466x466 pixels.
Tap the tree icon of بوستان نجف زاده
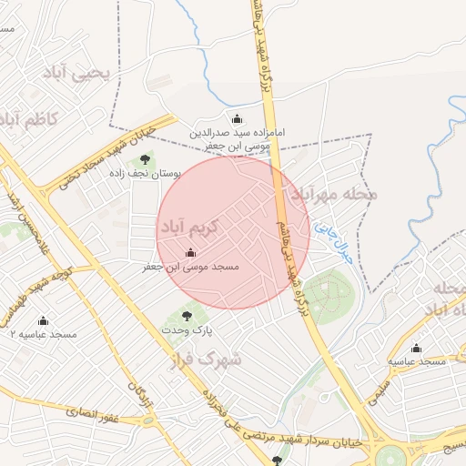pos(145,161)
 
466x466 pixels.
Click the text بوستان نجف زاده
pos(145,173)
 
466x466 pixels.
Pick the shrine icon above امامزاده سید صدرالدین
pos(238,119)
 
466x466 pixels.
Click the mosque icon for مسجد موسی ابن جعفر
pos(190,254)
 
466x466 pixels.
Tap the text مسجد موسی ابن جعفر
pos(190,268)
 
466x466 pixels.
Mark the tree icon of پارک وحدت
pos(187,316)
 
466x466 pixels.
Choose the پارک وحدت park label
pos(187,329)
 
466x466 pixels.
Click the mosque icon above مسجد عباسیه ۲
pos(43,321)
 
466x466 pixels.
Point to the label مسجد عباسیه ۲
pos(43,335)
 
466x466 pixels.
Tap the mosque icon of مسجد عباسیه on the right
pos(417,348)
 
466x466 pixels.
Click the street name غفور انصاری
pos(93,415)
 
